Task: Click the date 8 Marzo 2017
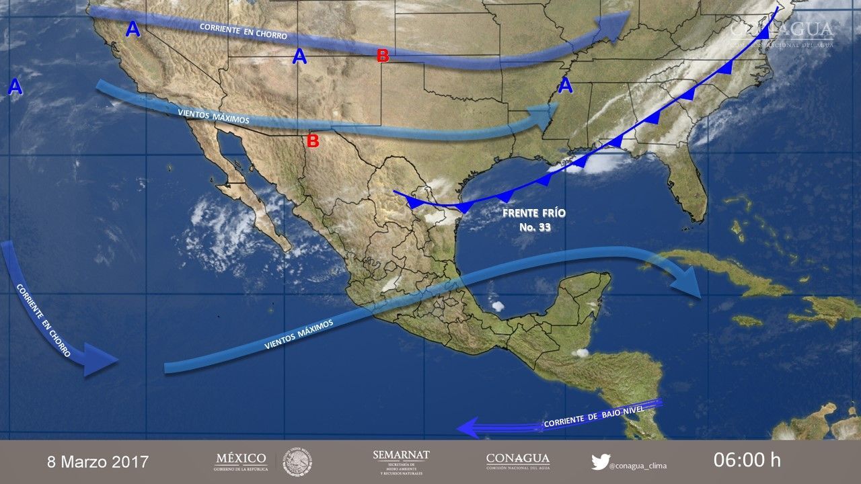click(x=98, y=462)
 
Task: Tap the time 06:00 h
click(x=747, y=460)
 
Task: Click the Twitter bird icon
click(x=600, y=462)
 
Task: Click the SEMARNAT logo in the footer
click(x=401, y=460)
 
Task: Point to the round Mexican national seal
click(x=297, y=462)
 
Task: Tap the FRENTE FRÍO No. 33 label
click(x=534, y=220)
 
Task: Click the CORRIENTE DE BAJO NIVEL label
click(x=594, y=417)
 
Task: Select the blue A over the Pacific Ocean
click(x=15, y=87)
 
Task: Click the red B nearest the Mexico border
click(x=313, y=141)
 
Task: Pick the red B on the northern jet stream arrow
click(x=383, y=56)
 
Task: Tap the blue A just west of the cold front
click(x=566, y=86)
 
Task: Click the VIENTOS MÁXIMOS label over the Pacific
click(x=299, y=334)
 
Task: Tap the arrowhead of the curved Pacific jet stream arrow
click(x=101, y=359)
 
